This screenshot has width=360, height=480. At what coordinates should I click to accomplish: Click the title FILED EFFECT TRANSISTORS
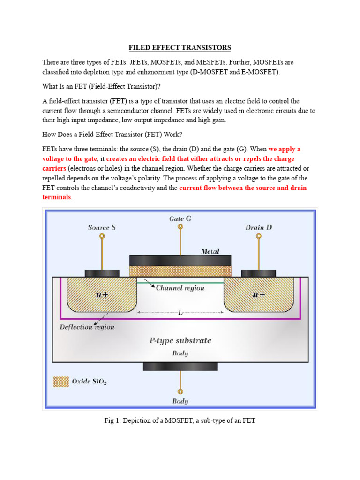tap(180, 48)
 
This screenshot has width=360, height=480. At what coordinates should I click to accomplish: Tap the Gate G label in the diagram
tap(180, 219)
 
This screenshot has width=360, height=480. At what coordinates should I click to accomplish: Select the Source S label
tap(102, 228)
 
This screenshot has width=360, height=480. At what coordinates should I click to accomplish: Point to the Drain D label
tap(259, 228)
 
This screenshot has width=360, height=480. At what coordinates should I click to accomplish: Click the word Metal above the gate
tap(210, 252)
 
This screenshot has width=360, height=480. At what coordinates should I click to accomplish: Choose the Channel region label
tap(180, 288)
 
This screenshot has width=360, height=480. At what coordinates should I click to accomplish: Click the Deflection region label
tap(87, 327)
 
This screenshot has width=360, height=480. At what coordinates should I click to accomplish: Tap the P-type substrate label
tap(180, 341)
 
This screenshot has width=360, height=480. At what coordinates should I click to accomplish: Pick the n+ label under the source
tap(102, 295)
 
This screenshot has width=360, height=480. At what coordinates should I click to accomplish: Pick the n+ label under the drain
tap(259, 295)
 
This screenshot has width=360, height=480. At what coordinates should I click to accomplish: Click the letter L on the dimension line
tap(180, 312)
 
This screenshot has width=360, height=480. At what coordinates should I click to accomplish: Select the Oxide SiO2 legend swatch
tap(60, 382)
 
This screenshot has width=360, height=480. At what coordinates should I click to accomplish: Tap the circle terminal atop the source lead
tap(102, 237)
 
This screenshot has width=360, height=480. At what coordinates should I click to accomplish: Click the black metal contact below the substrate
tap(180, 367)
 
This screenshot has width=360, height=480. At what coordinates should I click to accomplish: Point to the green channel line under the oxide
tap(180, 282)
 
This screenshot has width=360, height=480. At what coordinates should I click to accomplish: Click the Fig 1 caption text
tap(180, 421)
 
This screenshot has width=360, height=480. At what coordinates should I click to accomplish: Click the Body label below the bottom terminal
tap(180, 401)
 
